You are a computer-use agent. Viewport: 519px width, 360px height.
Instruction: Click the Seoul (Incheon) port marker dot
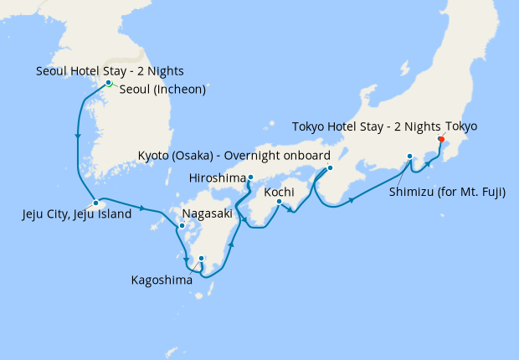[109, 83]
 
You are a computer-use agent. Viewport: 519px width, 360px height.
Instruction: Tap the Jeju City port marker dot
[96, 203]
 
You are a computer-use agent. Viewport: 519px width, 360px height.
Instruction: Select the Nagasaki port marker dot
[181, 225]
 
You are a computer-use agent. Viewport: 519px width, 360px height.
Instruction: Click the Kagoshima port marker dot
[201, 259]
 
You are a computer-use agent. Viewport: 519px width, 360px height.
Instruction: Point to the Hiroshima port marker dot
[249, 177]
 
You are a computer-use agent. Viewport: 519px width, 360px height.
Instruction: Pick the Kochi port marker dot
[279, 202]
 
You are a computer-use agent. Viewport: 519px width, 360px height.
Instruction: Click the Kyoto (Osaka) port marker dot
[330, 167]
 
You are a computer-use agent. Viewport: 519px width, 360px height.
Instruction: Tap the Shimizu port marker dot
[409, 157]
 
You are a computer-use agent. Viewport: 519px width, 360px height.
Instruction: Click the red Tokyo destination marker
[441, 140]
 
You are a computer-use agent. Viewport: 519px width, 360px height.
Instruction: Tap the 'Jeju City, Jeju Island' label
[76, 214]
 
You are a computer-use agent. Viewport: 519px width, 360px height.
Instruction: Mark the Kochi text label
[279, 193]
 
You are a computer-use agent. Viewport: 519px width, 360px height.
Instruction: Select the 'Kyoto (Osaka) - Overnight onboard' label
[234, 156]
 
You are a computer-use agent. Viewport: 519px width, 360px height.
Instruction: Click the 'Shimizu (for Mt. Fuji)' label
[447, 192]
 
